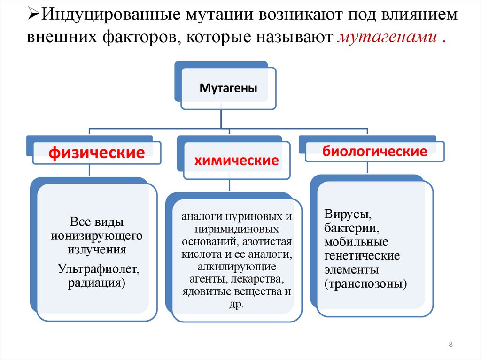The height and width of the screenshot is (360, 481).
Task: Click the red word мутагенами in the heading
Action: (387, 38)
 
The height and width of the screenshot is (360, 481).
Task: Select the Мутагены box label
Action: (228, 87)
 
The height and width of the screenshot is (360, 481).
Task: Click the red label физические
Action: (97, 153)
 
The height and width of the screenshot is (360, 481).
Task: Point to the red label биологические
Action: (374, 151)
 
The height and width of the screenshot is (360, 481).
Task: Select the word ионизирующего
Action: (96, 235)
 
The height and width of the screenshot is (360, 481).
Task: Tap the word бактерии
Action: (351, 229)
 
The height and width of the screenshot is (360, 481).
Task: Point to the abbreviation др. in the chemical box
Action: (237, 304)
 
